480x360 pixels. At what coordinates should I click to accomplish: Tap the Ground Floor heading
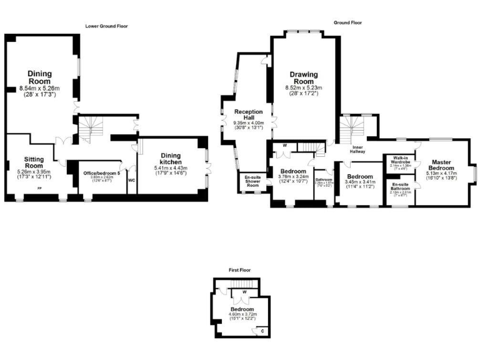(347, 22)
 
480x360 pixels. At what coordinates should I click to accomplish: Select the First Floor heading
(241, 271)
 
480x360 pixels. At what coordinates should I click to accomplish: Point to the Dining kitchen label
(171, 159)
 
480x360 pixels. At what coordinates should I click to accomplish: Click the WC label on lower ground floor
(131, 180)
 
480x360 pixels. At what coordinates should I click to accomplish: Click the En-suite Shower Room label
(252, 181)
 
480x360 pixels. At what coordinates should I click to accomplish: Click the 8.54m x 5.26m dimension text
(39, 88)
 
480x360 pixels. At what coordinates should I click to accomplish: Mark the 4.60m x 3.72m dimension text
(242, 314)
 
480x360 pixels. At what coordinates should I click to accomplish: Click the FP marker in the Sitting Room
(39, 188)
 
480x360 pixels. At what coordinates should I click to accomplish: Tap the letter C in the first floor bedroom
(262, 330)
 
